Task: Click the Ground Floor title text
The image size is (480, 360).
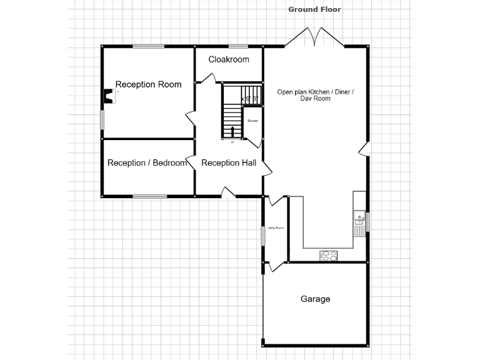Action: coord(314,9)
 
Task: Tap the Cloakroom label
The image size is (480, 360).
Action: coord(229,59)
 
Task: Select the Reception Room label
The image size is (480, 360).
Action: coord(148,84)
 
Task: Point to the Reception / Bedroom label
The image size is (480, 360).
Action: coord(147,162)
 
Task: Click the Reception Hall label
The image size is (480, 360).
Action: coord(229,162)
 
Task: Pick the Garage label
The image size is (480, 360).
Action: coord(315,299)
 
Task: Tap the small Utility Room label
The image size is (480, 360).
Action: coord(276,228)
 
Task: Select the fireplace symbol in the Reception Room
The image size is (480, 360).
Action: coord(109,97)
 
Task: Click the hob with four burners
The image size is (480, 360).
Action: coord(328,255)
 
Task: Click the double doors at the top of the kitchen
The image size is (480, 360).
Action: coord(314,37)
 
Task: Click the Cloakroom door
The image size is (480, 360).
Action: coord(209,78)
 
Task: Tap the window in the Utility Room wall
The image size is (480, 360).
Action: coord(262,236)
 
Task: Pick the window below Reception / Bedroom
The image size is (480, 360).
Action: coord(149,196)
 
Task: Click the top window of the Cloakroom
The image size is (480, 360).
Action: coord(237,46)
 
